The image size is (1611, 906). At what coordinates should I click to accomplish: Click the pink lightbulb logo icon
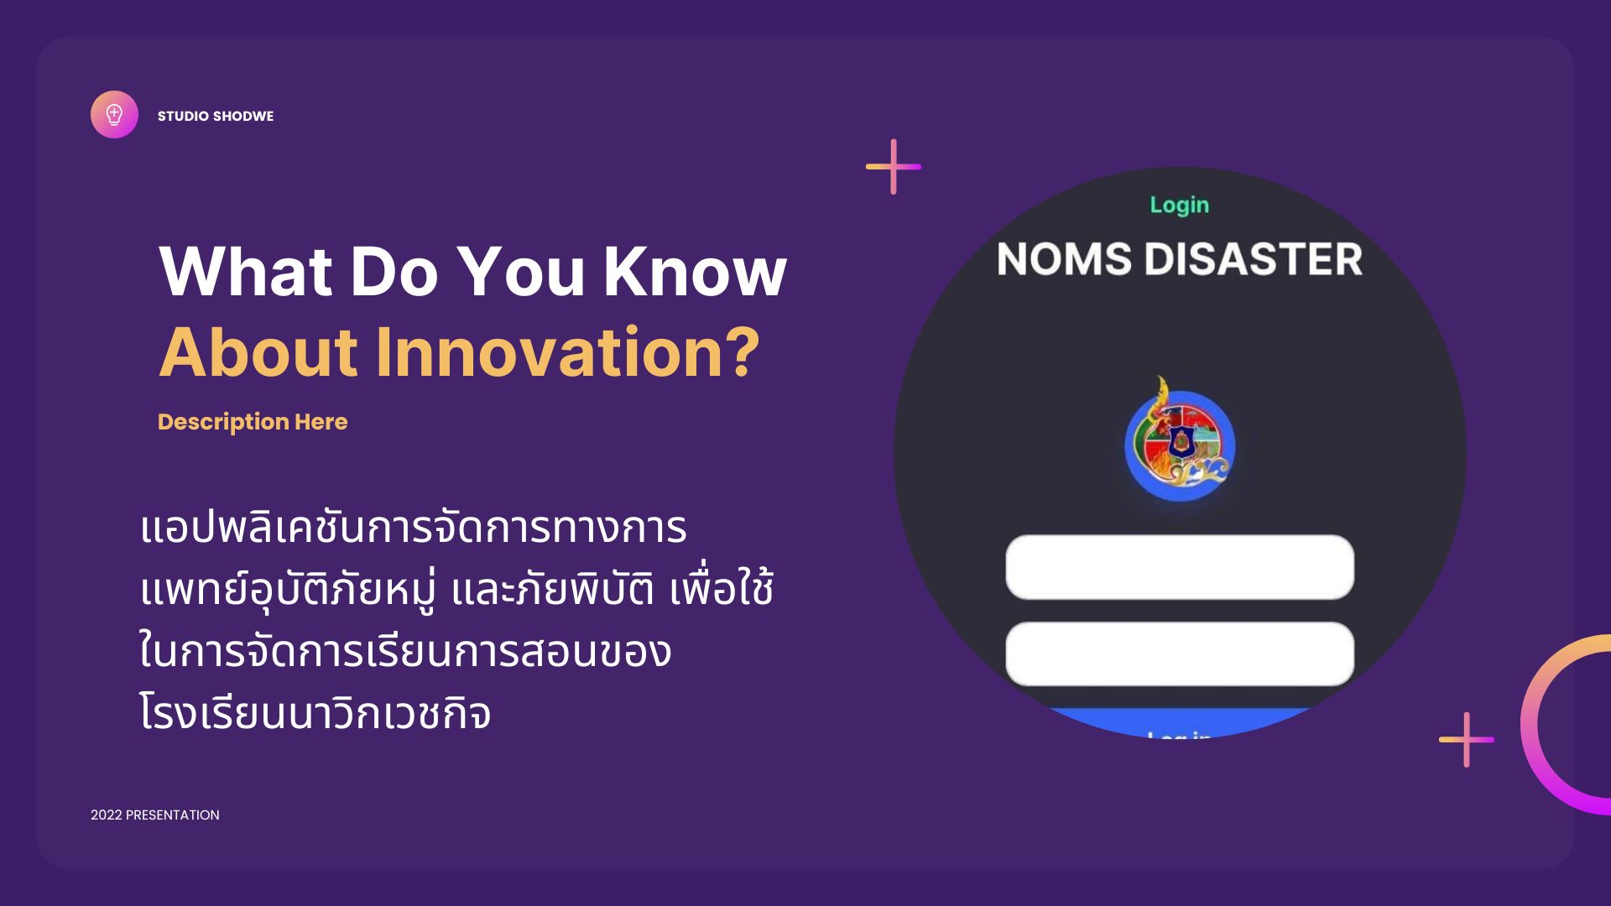point(114,114)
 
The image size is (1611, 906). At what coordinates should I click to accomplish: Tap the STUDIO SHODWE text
point(216,116)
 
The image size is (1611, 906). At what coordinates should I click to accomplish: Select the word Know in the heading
point(695,271)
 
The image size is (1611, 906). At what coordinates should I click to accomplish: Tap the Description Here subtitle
point(253,422)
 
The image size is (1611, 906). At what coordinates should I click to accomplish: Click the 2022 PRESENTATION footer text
point(155,815)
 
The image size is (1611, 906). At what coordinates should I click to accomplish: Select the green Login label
point(1179,206)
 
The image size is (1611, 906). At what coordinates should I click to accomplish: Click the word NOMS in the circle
point(1064,258)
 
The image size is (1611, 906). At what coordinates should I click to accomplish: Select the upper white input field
point(1180,567)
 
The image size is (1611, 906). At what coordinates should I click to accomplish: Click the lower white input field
point(1180,653)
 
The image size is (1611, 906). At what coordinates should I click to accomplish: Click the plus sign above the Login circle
point(894,166)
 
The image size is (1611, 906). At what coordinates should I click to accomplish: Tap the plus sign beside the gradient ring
point(1467,739)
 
